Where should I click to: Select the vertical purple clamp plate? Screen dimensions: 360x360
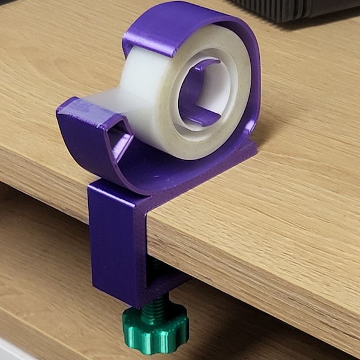[x=114, y=240]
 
